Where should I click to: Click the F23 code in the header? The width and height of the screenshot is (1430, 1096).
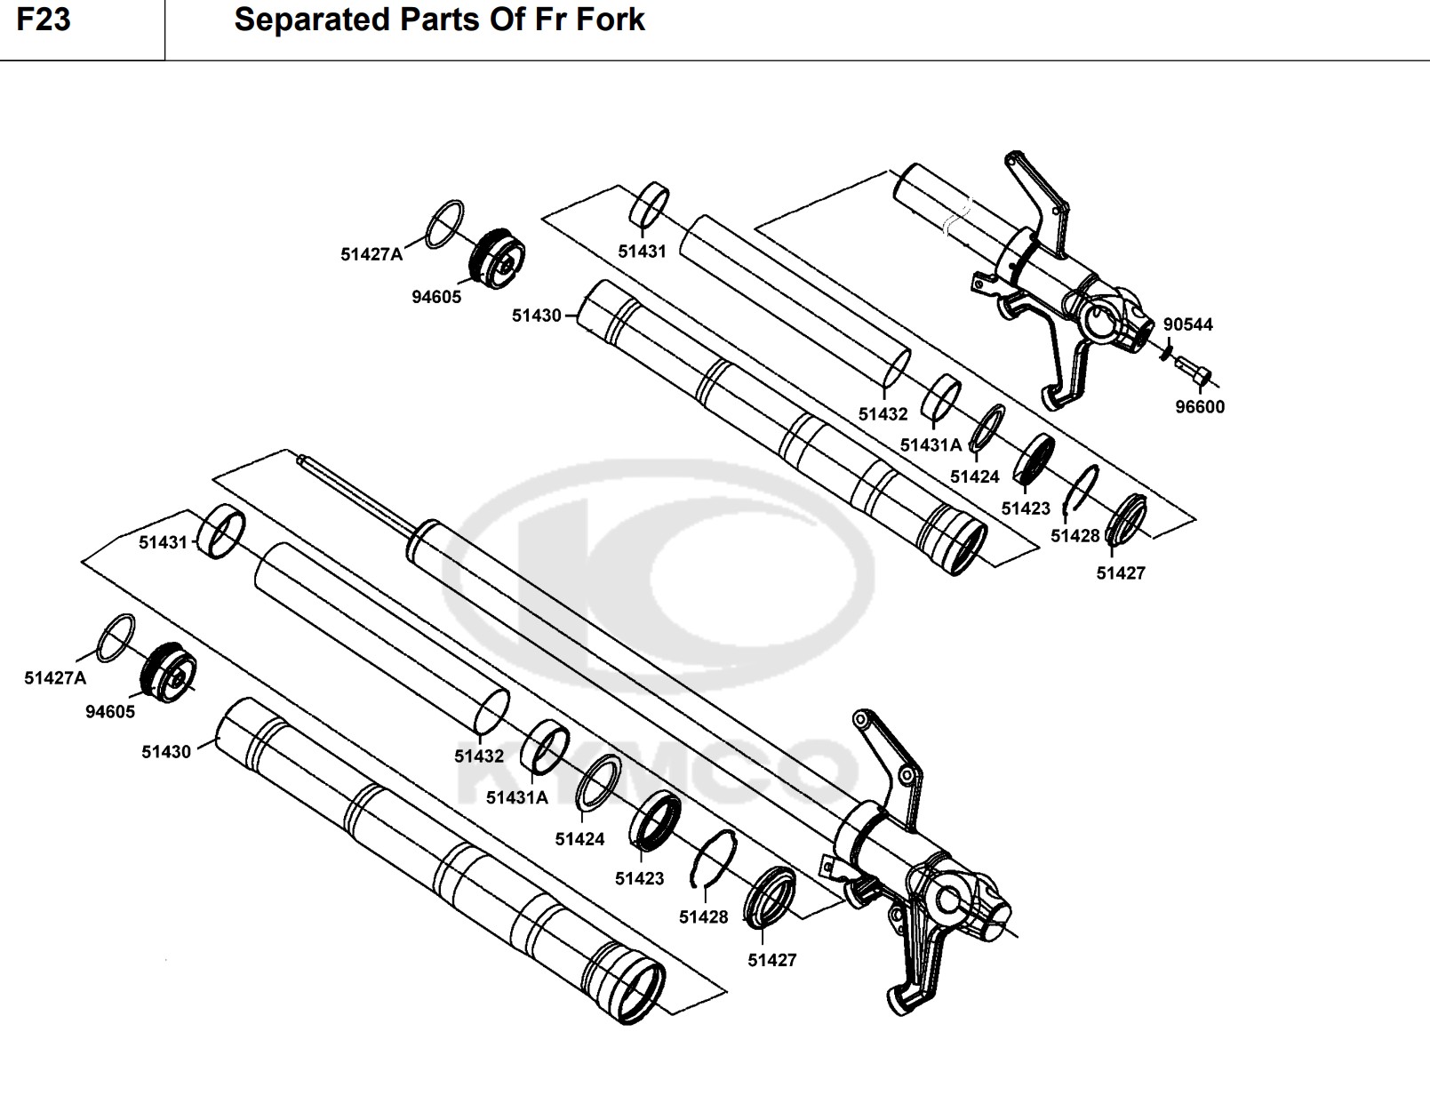pos(43,20)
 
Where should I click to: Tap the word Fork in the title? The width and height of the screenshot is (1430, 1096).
pos(610,20)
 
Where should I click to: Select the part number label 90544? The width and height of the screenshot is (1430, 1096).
pos(1187,324)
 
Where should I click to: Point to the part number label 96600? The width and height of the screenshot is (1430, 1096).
pos(1200,407)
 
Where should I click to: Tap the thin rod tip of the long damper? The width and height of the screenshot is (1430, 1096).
pos(302,460)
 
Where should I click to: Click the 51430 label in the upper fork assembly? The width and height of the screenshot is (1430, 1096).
pos(536,316)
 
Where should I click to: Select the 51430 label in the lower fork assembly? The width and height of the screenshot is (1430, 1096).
pos(166,752)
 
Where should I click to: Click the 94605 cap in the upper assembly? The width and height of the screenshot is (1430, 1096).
pos(497,259)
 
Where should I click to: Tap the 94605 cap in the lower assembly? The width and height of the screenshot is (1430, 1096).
pos(169,672)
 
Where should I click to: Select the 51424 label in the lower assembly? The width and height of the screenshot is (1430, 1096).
pos(579,839)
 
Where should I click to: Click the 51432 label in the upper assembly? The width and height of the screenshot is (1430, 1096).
pos(883,414)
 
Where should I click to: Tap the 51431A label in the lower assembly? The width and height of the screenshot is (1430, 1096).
pos(517,797)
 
